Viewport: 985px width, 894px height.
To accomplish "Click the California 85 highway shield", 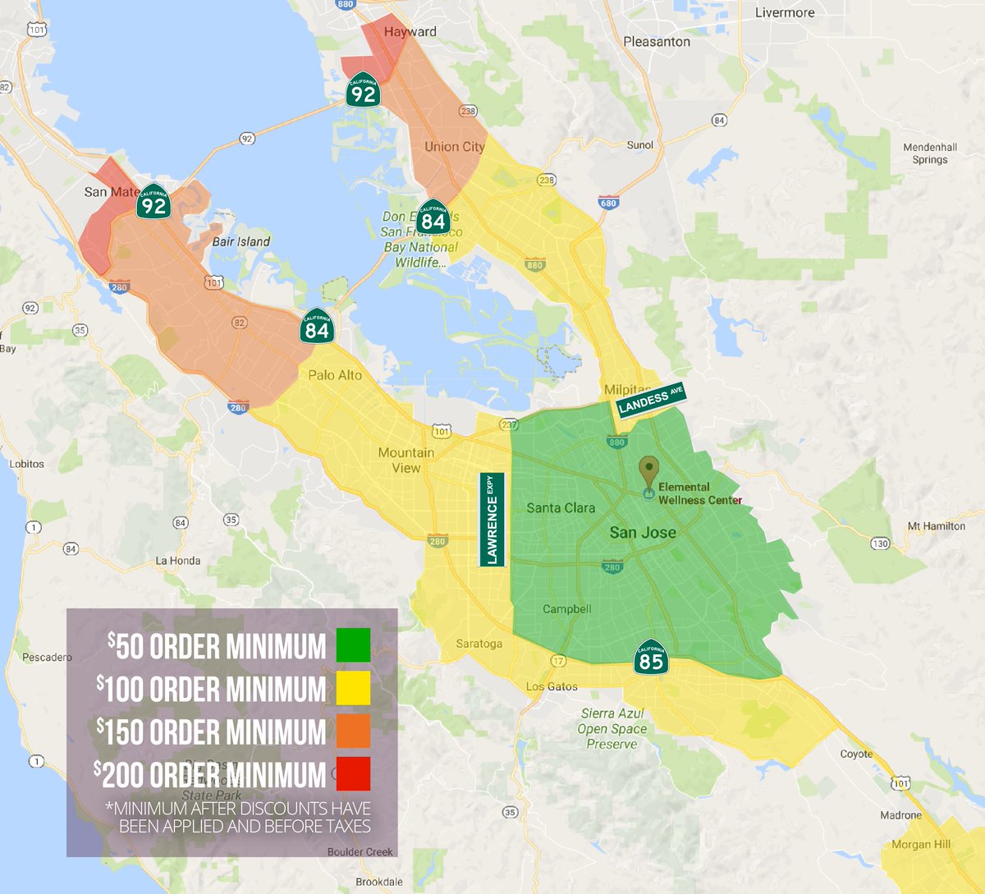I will [650, 658].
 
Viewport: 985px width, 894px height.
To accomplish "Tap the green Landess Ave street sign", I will [650, 400].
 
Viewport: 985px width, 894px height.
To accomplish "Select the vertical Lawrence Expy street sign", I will [492, 520].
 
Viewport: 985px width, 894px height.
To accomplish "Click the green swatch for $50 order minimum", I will [353, 645].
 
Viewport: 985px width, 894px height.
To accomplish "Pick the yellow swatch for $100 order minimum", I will [353, 688].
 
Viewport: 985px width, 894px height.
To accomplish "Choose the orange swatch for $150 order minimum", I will [353, 731].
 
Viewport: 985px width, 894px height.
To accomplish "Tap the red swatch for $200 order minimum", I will [353, 774].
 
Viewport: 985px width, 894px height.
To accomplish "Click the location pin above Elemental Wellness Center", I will [649, 471].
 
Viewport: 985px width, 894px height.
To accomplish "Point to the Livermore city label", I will [785, 12].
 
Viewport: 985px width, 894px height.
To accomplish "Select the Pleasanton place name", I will [657, 41].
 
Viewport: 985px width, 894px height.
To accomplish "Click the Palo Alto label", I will [335, 375].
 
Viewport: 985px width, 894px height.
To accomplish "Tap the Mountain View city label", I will [406, 460].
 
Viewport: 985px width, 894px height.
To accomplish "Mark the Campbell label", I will [566, 609].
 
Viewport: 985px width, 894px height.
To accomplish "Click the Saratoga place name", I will [479, 644].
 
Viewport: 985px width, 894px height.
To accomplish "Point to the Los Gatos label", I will [552, 686].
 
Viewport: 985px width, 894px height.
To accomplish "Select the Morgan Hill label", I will [921, 844].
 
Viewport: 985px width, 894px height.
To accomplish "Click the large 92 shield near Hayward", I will [363, 90].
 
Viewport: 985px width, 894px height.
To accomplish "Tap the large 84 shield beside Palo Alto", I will [317, 328].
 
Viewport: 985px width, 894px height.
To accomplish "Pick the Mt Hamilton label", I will [936, 526].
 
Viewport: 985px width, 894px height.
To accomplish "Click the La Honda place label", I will [178, 561].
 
